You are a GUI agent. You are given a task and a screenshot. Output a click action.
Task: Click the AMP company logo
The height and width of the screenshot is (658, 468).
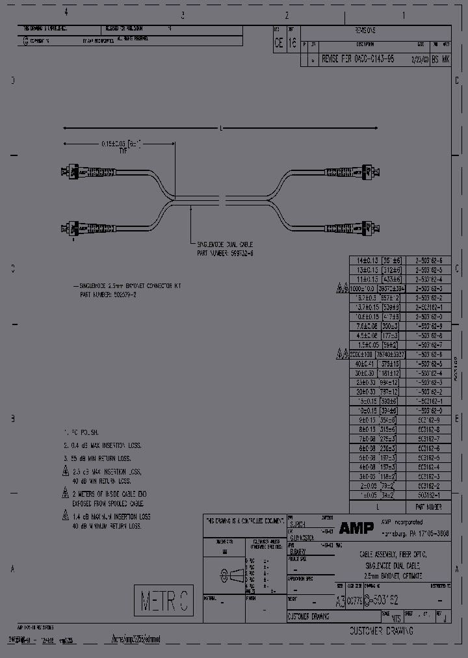click(356, 528)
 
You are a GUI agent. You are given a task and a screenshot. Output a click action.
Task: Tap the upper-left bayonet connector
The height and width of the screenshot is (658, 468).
click(72, 173)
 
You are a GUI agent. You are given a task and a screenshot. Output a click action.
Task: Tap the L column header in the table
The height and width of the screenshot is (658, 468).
click(378, 506)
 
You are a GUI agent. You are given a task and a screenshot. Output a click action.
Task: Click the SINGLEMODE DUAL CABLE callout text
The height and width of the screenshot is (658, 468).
click(224, 248)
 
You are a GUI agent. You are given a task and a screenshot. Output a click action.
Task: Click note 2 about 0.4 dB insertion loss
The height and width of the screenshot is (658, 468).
click(104, 445)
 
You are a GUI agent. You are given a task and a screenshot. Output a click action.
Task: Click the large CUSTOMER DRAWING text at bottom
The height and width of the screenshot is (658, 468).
click(382, 631)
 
